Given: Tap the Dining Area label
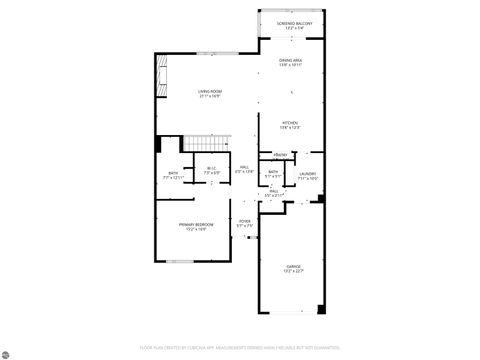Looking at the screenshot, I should coord(291,60).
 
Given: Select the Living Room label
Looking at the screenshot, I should coord(209,91).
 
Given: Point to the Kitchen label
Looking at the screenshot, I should coord(291,123).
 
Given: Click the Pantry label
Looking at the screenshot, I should coord(281,155).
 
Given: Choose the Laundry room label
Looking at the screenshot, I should coord(307,174).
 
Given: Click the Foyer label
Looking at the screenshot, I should coord(244,220).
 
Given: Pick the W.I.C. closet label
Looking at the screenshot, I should coord(211,168).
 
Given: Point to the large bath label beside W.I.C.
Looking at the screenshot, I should coord(174,174).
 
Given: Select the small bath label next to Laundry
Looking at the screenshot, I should coord(273,172).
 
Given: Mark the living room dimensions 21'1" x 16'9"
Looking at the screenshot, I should coord(209,96).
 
